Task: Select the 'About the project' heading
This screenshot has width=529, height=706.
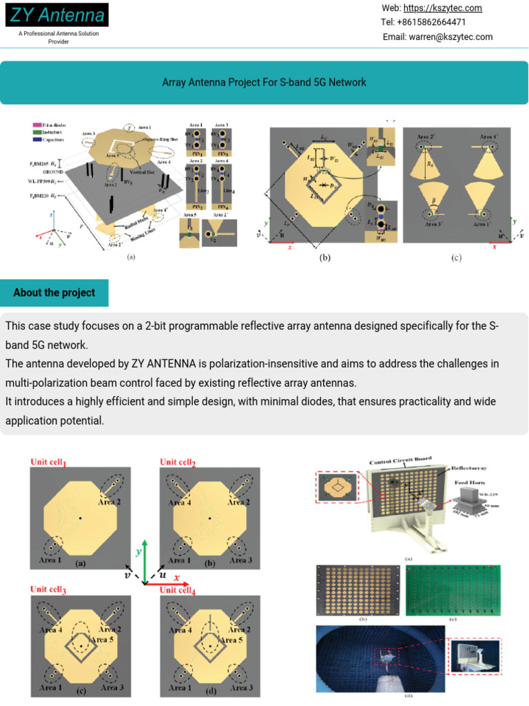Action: [x=54, y=292]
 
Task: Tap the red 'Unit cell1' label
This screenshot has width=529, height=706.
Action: [x=57, y=462]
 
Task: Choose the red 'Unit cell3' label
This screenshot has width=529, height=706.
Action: [x=57, y=589]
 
